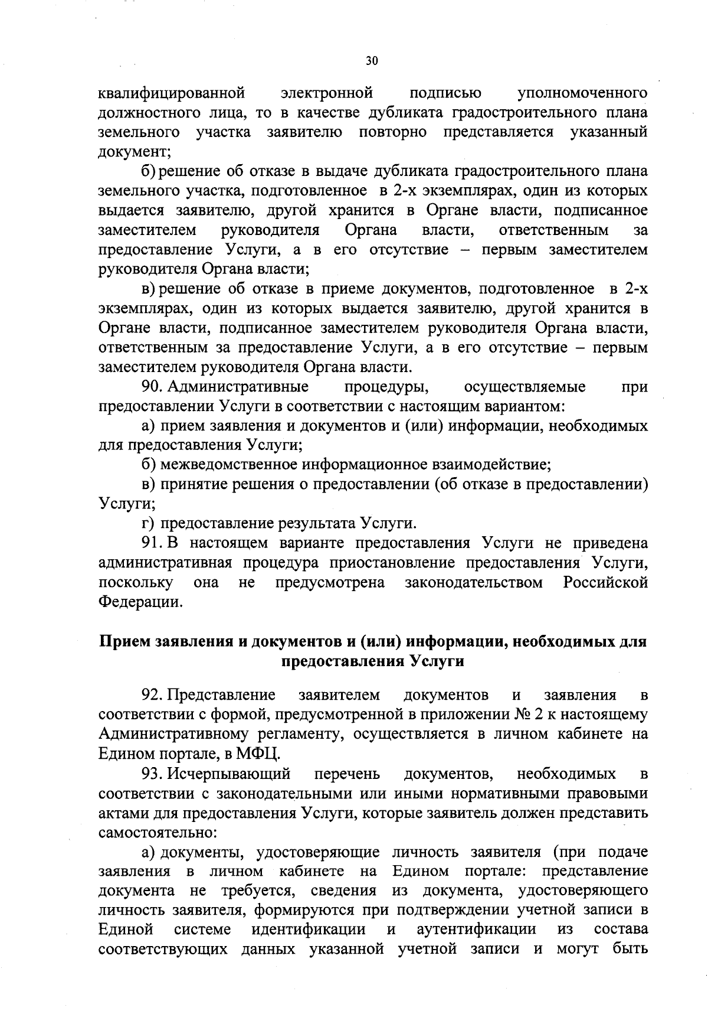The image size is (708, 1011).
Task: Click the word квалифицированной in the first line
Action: pyautogui.click(x=171, y=93)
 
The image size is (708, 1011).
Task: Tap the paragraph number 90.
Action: pyautogui.click(x=152, y=387)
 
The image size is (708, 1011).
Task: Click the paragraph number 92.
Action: pyautogui.click(x=152, y=694)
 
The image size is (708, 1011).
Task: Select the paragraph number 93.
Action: pyautogui.click(x=152, y=773)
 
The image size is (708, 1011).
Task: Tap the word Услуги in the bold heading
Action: pyautogui.click(x=436, y=661)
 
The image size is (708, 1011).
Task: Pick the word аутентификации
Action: pyautogui.click(x=476, y=929)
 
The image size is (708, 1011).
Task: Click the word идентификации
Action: pyautogui.click(x=309, y=929)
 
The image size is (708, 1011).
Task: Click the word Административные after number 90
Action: pyautogui.click(x=239, y=387)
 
